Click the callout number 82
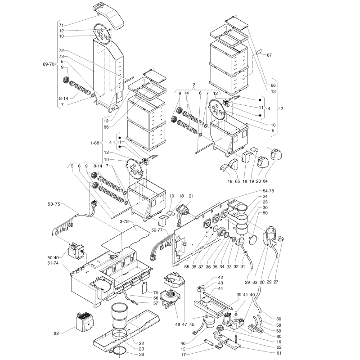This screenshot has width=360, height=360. [57, 333]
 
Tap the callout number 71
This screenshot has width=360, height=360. [61, 25]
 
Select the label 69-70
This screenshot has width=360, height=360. [49, 64]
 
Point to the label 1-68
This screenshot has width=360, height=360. [95, 143]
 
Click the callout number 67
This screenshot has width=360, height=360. [269, 55]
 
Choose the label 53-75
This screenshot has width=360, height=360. [54, 204]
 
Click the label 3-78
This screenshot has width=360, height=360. [125, 221]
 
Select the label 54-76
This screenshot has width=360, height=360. [268, 191]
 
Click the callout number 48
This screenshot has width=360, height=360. [177, 324]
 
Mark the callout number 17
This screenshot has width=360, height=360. [183, 355]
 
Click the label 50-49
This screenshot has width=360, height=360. [54, 258]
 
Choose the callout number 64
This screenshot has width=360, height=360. [265, 181]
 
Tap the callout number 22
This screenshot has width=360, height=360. [142, 343]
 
